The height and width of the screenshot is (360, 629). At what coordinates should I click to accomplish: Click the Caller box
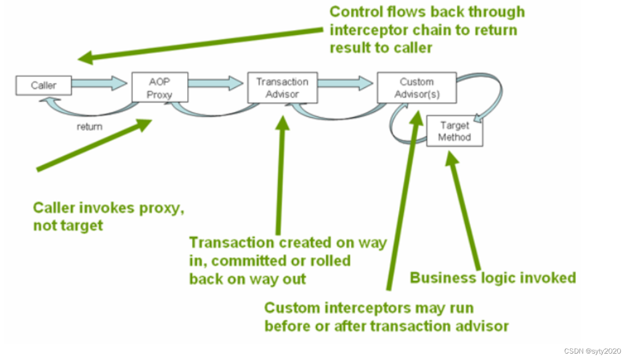(x=43, y=86)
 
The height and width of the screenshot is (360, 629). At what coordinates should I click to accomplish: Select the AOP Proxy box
(x=159, y=88)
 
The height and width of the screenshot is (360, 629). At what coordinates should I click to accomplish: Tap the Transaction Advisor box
(x=282, y=88)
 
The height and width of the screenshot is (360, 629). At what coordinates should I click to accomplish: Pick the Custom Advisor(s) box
(x=417, y=88)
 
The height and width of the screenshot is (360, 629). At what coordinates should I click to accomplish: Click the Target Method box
(x=454, y=132)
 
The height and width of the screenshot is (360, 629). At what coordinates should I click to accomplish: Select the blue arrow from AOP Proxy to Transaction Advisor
(x=216, y=83)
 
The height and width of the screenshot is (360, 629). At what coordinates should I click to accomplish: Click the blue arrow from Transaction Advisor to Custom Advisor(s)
(x=346, y=83)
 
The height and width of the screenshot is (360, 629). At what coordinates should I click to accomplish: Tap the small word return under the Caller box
(x=89, y=127)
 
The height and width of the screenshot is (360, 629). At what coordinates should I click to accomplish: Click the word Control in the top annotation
(x=355, y=12)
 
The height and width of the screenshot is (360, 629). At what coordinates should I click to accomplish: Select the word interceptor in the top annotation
(x=370, y=29)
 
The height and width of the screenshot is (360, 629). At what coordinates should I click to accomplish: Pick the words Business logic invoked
(x=493, y=278)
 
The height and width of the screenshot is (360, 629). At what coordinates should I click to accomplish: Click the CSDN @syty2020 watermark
(x=592, y=351)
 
